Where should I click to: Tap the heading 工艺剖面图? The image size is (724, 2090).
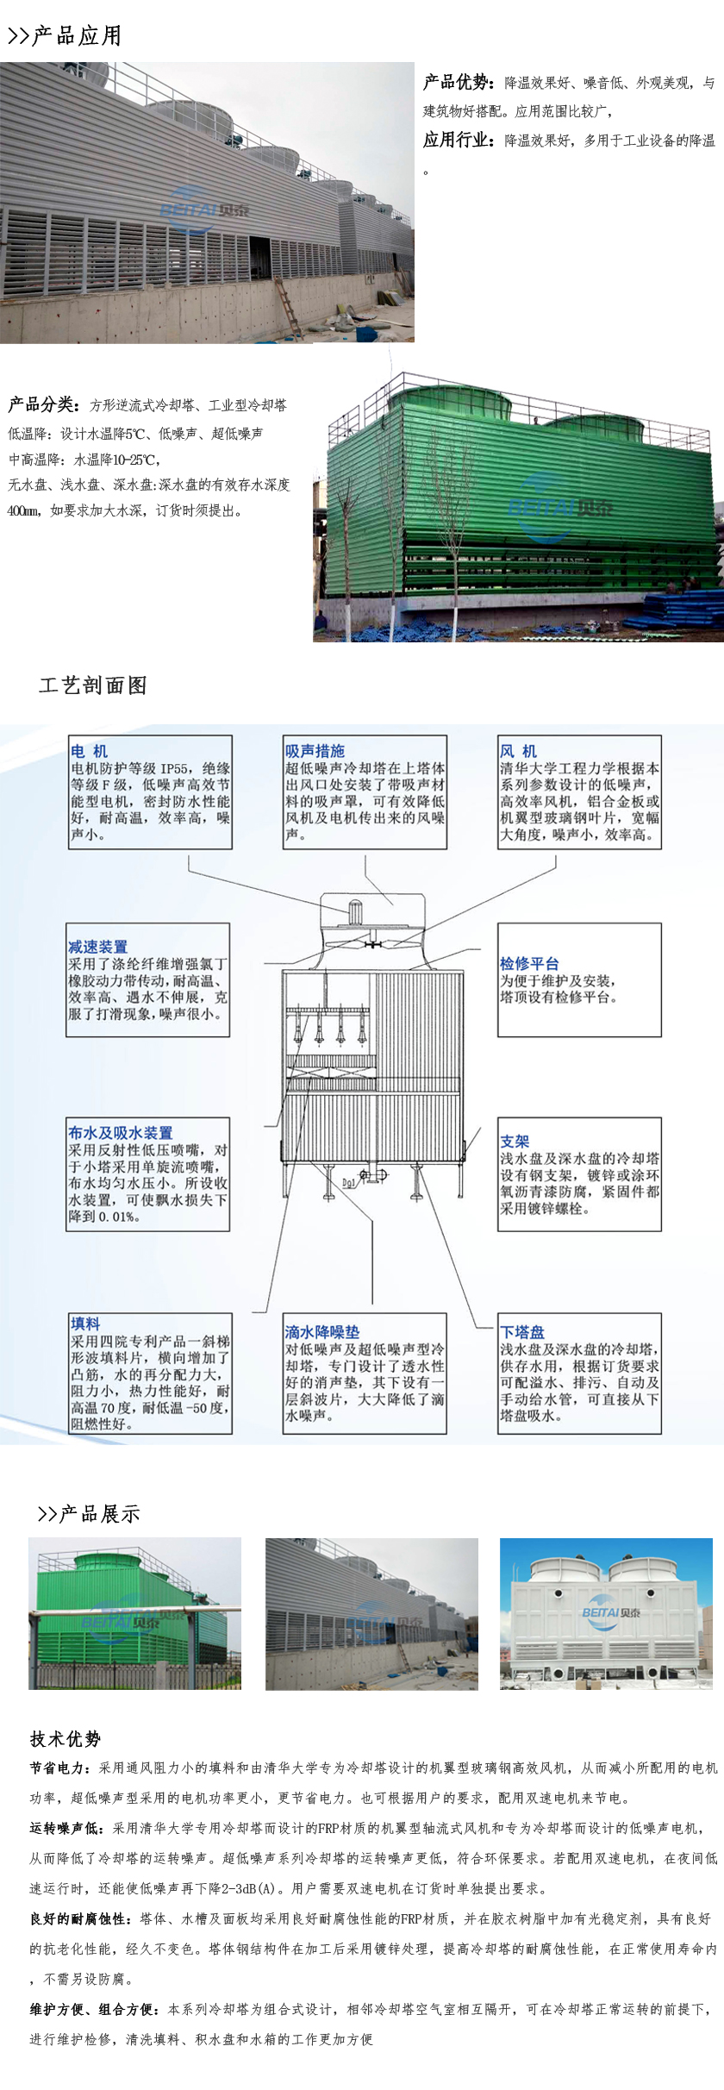[93, 685]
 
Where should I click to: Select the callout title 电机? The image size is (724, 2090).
[90, 751]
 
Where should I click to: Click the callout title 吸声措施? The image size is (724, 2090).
[315, 751]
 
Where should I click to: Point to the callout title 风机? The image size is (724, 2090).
[518, 751]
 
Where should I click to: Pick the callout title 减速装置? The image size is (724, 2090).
[98, 947]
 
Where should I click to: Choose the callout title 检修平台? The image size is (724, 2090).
[529, 963]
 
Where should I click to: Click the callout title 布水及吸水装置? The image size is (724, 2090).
[121, 1133]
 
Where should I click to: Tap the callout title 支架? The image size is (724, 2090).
[515, 1141]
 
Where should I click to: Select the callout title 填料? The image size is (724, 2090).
[85, 1323]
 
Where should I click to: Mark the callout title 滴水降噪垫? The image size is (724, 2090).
[322, 1332]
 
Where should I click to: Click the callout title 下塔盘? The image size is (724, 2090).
[522, 1332]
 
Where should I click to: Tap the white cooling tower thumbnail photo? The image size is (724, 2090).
[607, 1613]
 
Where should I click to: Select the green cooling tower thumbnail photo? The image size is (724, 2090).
[135, 1613]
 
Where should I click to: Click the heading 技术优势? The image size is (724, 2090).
[66, 1739]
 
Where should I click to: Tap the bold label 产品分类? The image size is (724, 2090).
[44, 404]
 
